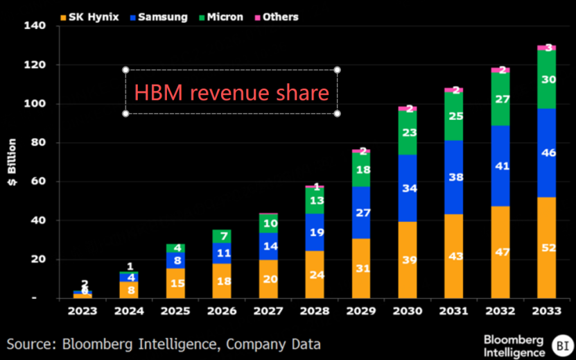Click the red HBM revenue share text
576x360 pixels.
(x=231, y=92)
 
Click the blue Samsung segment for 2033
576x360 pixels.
(x=546, y=153)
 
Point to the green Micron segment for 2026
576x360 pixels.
(x=222, y=237)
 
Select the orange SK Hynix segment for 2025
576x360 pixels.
(x=175, y=283)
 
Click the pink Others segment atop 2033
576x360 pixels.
(x=546, y=47)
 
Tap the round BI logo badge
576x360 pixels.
(x=560, y=344)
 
